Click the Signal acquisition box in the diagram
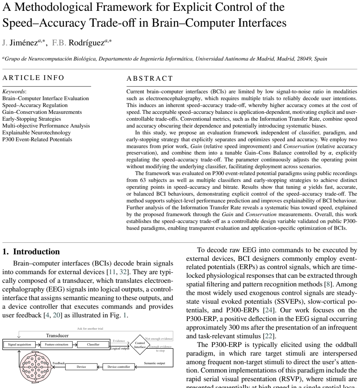pyautogui.click(x=19, y=344)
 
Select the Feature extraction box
pyautogui.click(x=57, y=344)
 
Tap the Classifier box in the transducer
pyautogui.click(x=93, y=344)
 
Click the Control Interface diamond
pyautogui.click(x=140, y=345)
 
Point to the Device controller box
pyautogui.click(x=119, y=367)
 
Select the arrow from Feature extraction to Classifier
pyautogui.click(x=75, y=344)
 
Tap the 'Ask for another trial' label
pyautogui.click(x=90, y=329)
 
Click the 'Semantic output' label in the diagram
pyautogui.click(x=154, y=363)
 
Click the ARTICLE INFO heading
pyautogui.click(x=33, y=78)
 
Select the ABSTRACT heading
pyautogui.click(x=150, y=79)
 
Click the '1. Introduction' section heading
pyautogui.click(x=31, y=252)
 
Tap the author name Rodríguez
pyautogui.click(x=86, y=43)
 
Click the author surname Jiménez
pyautogui.click(x=24, y=43)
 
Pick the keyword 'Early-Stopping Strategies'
pyautogui.click(x=32, y=119)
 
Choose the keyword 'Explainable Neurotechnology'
pyautogui.click(x=37, y=132)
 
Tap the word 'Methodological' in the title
pyautogui.click(x=53, y=7)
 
